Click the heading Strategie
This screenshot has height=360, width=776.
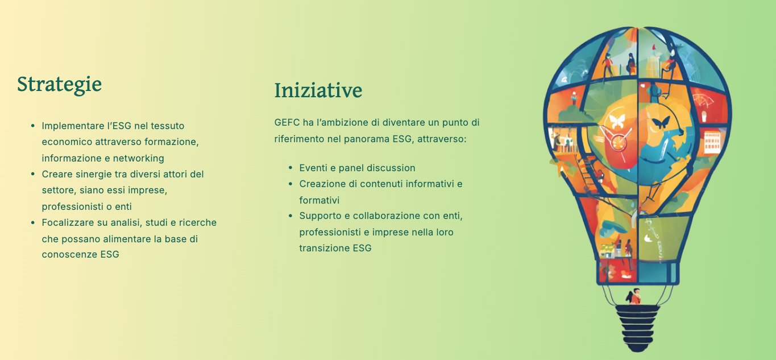(x=59, y=84)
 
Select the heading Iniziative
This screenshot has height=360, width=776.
(x=318, y=90)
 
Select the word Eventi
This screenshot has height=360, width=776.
(x=313, y=168)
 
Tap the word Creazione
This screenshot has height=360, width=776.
(x=321, y=184)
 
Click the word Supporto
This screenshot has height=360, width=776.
(x=320, y=216)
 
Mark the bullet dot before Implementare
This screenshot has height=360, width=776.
(x=33, y=126)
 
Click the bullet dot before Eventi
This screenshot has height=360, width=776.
(x=291, y=168)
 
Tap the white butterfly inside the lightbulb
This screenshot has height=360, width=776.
(x=617, y=121)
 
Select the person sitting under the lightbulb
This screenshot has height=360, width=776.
(x=635, y=297)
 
